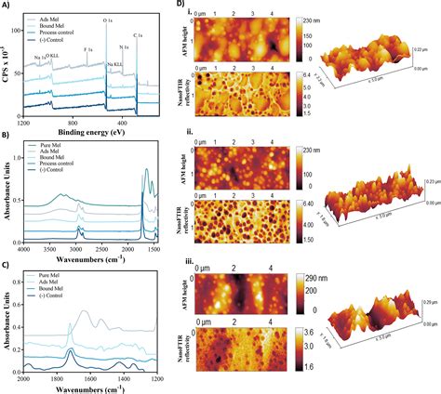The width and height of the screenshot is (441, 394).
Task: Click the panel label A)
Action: coord(8,7)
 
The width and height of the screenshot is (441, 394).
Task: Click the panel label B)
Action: coord(8,136)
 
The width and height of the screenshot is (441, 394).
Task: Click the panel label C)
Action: coord(8,266)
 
